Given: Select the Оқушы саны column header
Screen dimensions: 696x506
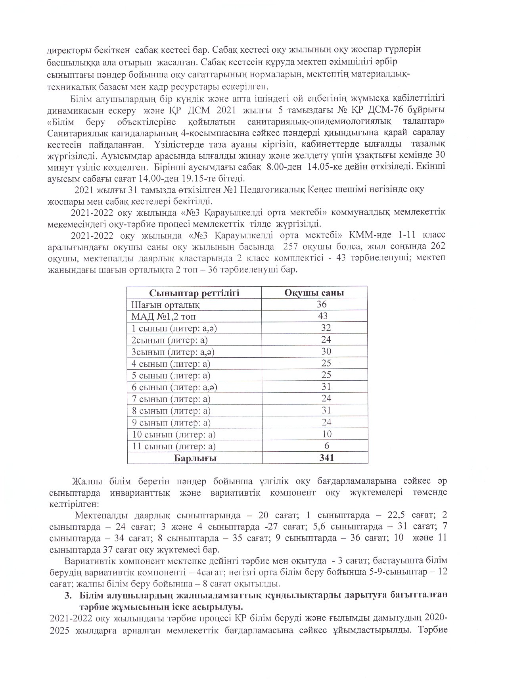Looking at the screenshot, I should tap(314, 293).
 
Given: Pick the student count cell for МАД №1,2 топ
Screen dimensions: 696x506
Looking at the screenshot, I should tap(322, 316).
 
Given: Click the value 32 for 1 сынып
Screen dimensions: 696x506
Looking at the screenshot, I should tap(326, 328).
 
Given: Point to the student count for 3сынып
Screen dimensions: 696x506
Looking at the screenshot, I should tap(326, 351).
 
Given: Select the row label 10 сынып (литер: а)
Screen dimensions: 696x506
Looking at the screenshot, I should tap(174, 435).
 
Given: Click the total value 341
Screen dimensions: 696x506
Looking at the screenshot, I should tap(327, 458).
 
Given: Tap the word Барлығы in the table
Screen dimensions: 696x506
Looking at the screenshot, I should tap(195, 458).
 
